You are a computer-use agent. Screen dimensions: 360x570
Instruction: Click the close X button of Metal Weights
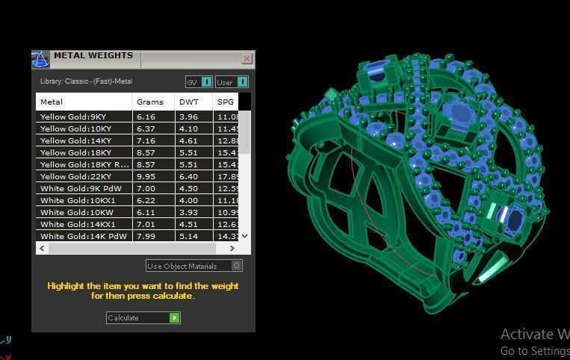[x=247, y=58]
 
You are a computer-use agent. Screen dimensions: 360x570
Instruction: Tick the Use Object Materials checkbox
[x=237, y=266]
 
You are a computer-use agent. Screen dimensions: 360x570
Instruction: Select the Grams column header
[x=149, y=102]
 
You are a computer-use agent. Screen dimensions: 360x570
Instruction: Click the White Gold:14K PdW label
[x=83, y=236]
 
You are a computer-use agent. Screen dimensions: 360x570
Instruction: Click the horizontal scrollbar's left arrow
[x=42, y=248]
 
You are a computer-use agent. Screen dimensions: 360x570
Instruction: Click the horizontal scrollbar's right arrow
[x=232, y=248]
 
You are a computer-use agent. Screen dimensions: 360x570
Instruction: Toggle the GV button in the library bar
[x=199, y=82]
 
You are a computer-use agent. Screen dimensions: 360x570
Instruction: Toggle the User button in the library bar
[x=231, y=82]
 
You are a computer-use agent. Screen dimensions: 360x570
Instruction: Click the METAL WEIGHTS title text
[x=93, y=56]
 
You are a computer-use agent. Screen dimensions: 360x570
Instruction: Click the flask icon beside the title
[x=40, y=59]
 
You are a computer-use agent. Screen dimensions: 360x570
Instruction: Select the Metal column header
[x=52, y=102]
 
